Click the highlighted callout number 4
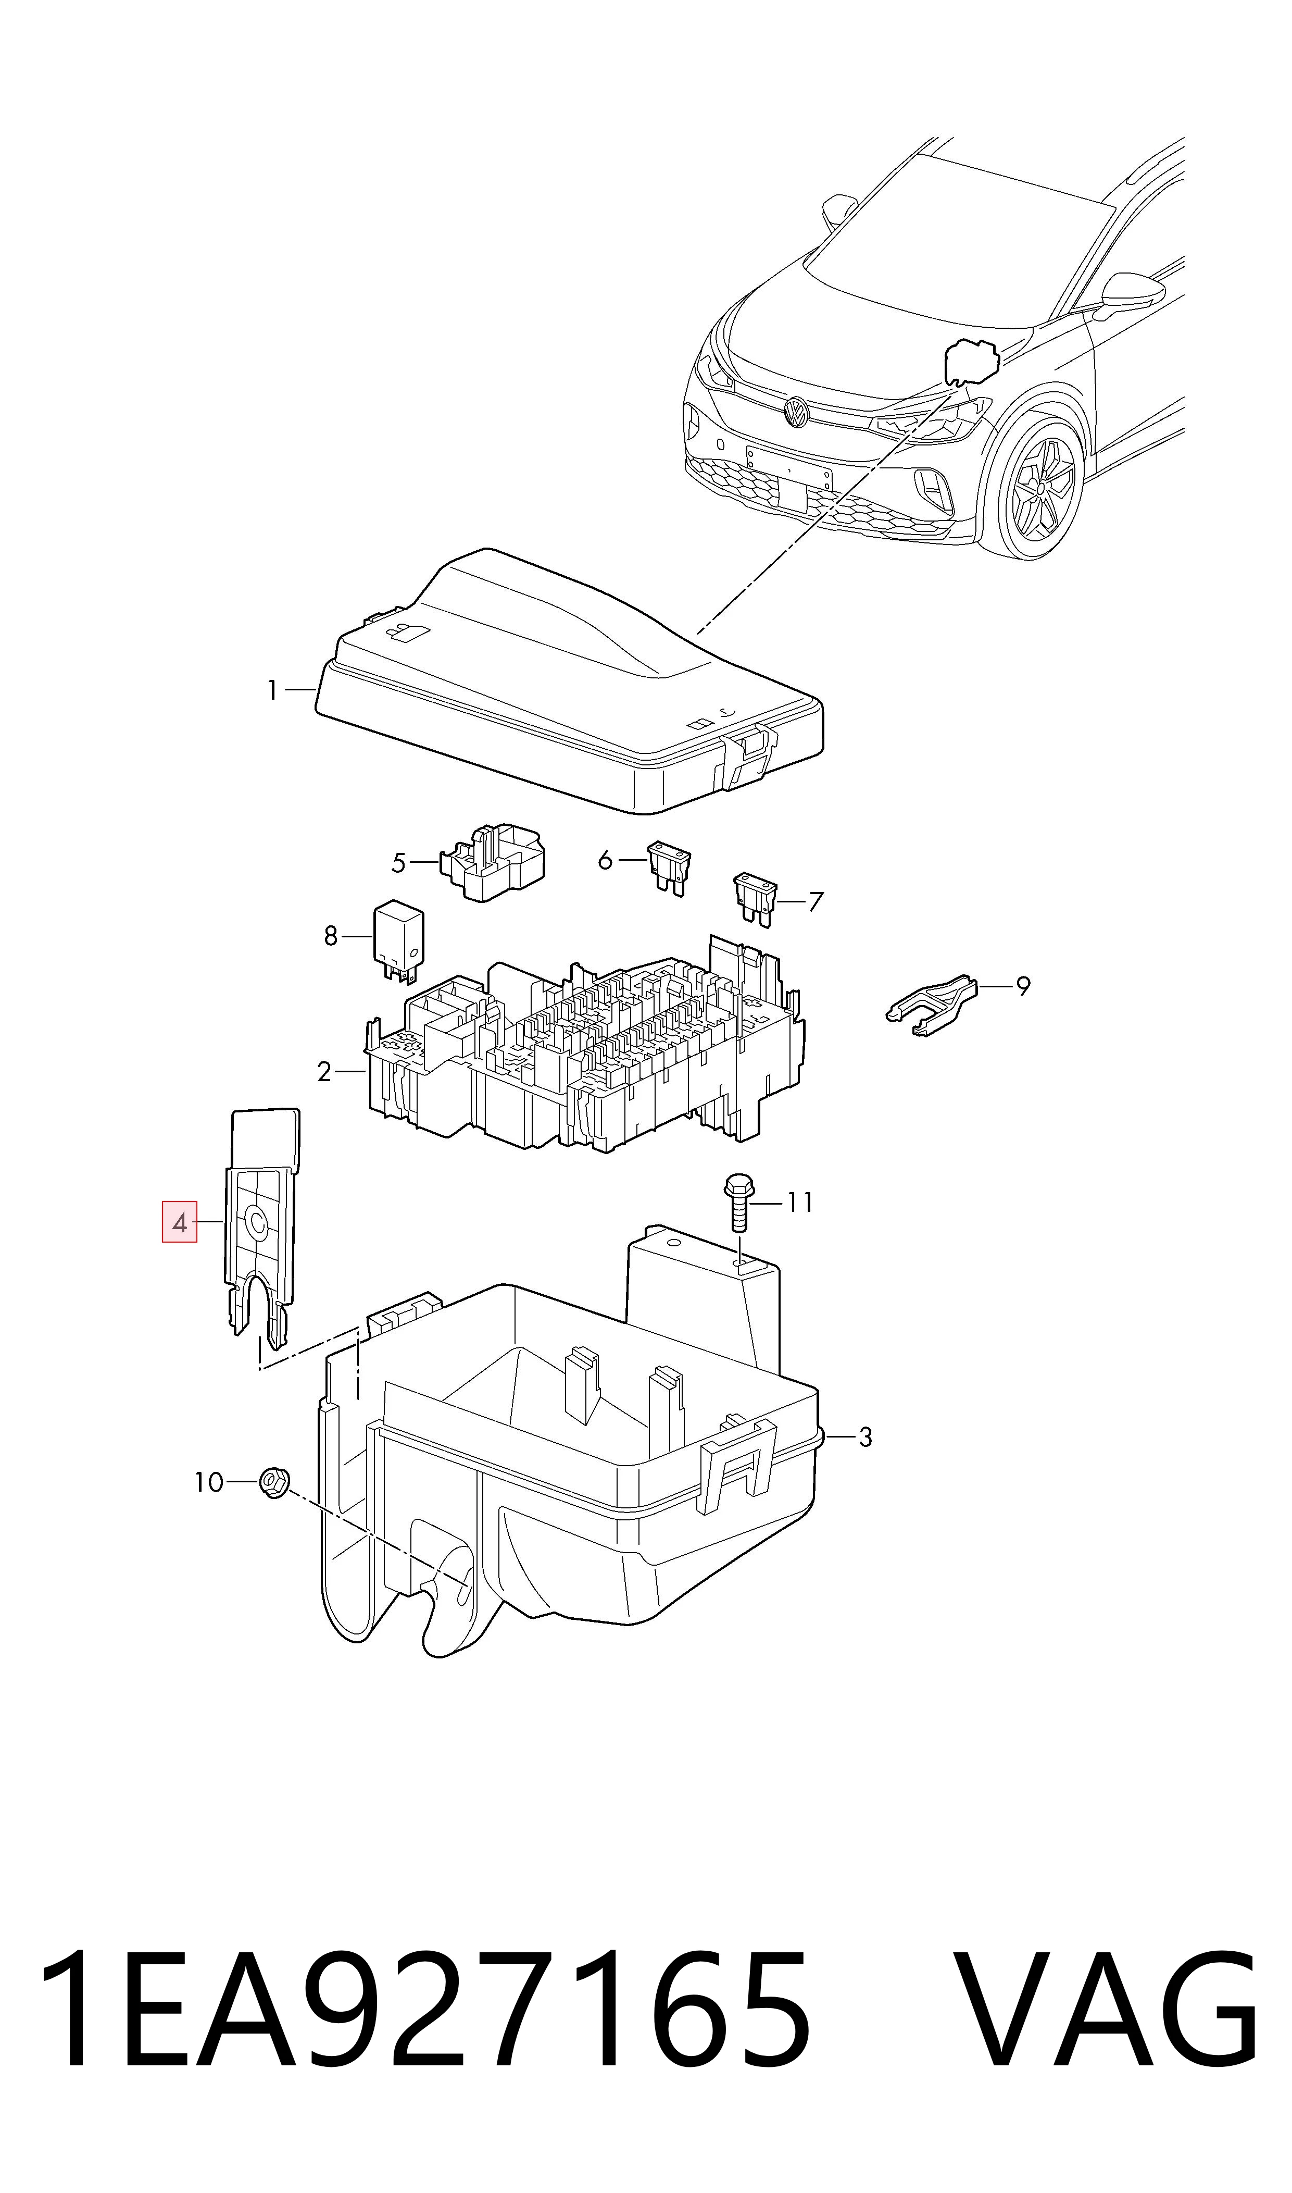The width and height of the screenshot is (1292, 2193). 179,1221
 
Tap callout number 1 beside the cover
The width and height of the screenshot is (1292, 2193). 272,691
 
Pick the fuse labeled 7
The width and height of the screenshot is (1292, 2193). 754,900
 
